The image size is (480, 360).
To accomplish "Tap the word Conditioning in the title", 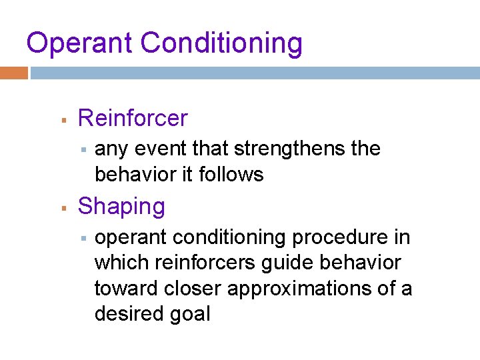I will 222,44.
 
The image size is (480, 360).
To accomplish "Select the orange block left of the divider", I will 13,73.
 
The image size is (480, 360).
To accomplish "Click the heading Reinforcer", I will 133,119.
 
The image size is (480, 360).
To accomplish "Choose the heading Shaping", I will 121,207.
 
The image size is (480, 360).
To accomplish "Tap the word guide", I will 294,263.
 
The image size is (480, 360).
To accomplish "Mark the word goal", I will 191,314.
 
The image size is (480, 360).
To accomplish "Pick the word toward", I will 125,288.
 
